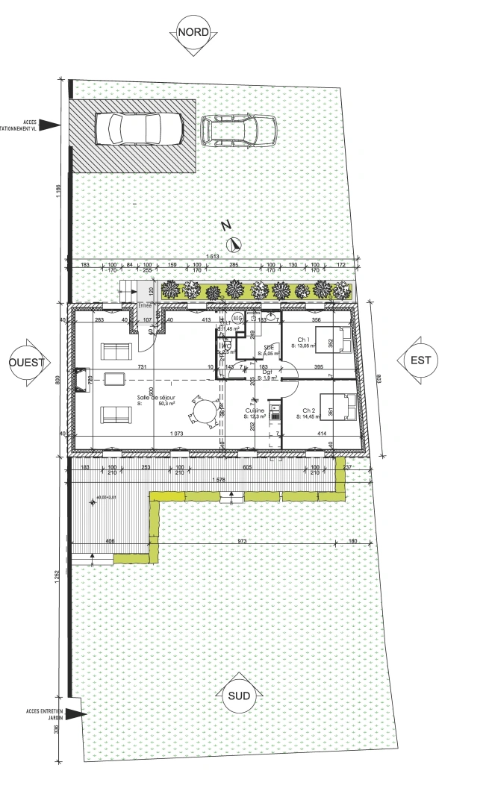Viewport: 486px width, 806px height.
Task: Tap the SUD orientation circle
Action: tap(240, 696)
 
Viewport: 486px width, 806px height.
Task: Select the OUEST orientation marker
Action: tap(27, 363)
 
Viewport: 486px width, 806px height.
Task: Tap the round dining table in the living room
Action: tap(202, 410)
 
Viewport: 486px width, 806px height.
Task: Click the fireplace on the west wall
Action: tap(79, 380)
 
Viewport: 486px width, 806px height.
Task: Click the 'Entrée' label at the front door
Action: tap(144, 306)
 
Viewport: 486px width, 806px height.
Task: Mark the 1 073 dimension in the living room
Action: tap(177, 434)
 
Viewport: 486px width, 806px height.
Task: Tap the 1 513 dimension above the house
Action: tap(213, 257)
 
